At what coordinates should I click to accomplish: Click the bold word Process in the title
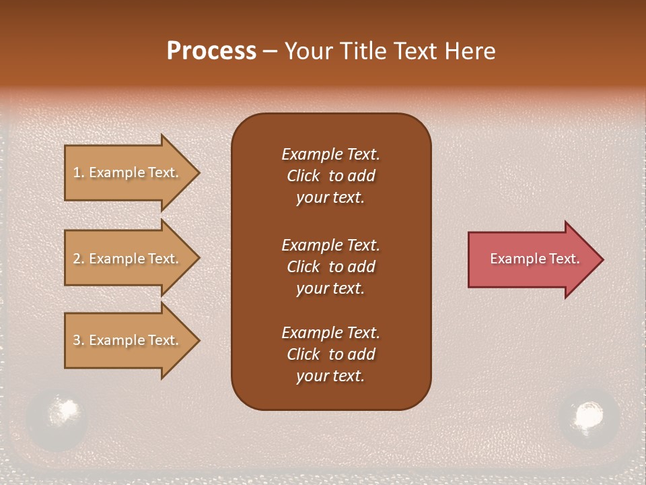point(211,51)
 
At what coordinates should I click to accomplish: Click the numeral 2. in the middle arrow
point(79,259)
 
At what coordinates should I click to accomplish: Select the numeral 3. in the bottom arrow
point(79,340)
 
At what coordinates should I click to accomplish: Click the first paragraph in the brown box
point(330,176)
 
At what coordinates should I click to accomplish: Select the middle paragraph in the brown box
point(330,267)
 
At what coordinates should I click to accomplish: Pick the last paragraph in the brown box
point(330,354)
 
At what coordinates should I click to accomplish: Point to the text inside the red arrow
point(535,259)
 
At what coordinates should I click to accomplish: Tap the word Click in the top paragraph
point(303,176)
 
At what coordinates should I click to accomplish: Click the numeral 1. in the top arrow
point(79,172)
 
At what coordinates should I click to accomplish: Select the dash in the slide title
point(270,51)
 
